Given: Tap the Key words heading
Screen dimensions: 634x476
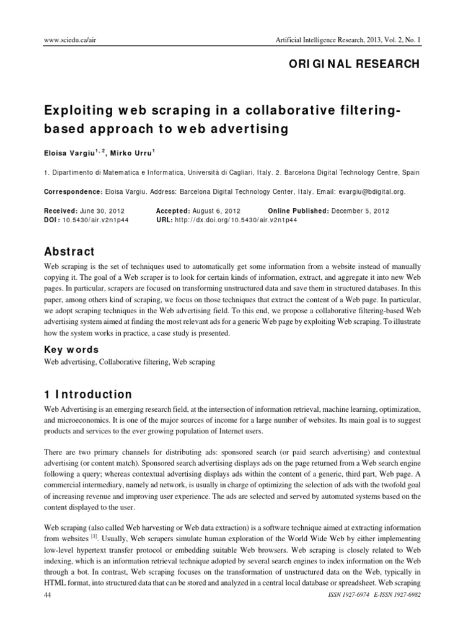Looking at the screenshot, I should pyautogui.click(x=72, y=350).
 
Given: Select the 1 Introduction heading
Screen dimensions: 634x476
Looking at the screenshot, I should pyautogui.click(x=88, y=394).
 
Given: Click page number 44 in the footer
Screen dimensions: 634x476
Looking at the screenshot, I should pyautogui.click(x=48, y=595).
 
